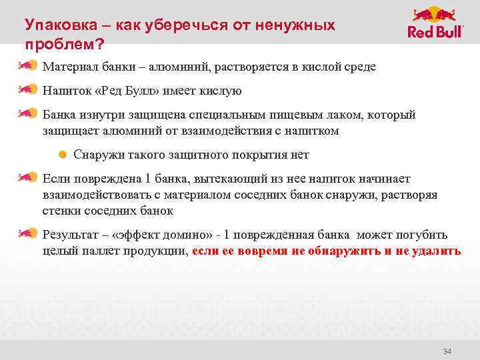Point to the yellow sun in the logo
435,14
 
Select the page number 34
447,351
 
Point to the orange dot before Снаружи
62,155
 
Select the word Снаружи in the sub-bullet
99,155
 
